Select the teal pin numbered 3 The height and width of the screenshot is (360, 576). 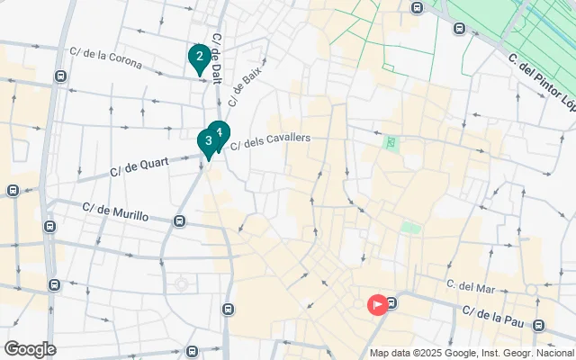click(x=208, y=141)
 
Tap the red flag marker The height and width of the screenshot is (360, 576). click(x=377, y=304)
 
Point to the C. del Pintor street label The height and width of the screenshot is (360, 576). click(x=540, y=70)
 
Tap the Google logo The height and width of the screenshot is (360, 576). click(x=30, y=349)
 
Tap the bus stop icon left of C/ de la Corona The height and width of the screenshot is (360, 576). click(x=59, y=76)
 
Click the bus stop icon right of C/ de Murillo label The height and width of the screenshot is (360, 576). click(x=180, y=220)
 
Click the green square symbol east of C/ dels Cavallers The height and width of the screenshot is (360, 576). click(x=390, y=142)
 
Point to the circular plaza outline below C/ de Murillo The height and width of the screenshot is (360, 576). click(x=182, y=284)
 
